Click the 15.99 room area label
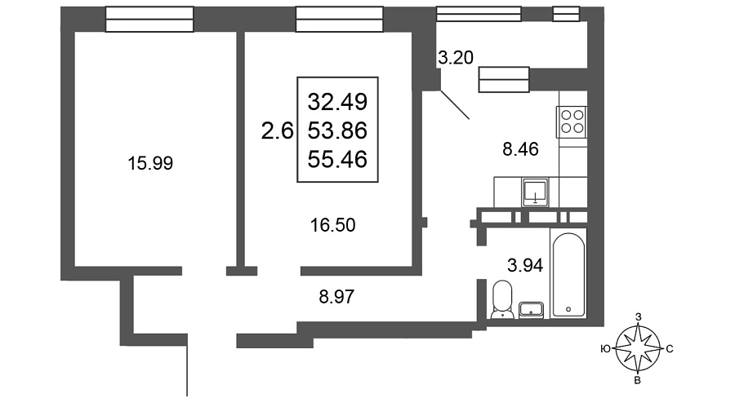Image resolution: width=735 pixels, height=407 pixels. click(x=150, y=163)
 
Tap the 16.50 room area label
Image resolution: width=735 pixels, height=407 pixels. click(x=333, y=225)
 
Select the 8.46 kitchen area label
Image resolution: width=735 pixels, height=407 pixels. click(x=520, y=149)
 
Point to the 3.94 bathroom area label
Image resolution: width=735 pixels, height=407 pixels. click(x=525, y=266)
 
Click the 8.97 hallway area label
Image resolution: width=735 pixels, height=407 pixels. click(x=336, y=296)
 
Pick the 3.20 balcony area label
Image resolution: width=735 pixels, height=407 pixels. click(x=456, y=58)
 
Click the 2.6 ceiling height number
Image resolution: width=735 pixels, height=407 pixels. click(x=277, y=131)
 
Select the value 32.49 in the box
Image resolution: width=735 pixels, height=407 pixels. click(x=337, y=102)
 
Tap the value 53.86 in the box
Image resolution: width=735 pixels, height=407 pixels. click(x=337, y=131)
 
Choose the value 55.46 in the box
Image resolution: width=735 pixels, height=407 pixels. click(x=337, y=160)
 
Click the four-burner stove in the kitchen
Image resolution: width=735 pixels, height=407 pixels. click(x=572, y=122)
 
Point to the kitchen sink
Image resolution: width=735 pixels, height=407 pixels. click(x=535, y=192)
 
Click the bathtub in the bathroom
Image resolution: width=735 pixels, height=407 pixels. click(x=568, y=275)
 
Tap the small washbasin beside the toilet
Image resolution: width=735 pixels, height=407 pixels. click(x=531, y=310)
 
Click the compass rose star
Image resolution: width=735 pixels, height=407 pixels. click(x=638, y=348)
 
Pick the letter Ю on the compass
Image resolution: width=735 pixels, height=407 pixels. click(x=606, y=349)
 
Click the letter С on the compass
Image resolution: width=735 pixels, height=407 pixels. click(x=670, y=349)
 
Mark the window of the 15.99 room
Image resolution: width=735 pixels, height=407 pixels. click(x=149, y=20)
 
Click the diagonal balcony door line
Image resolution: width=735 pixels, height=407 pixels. click(x=454, y=104)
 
